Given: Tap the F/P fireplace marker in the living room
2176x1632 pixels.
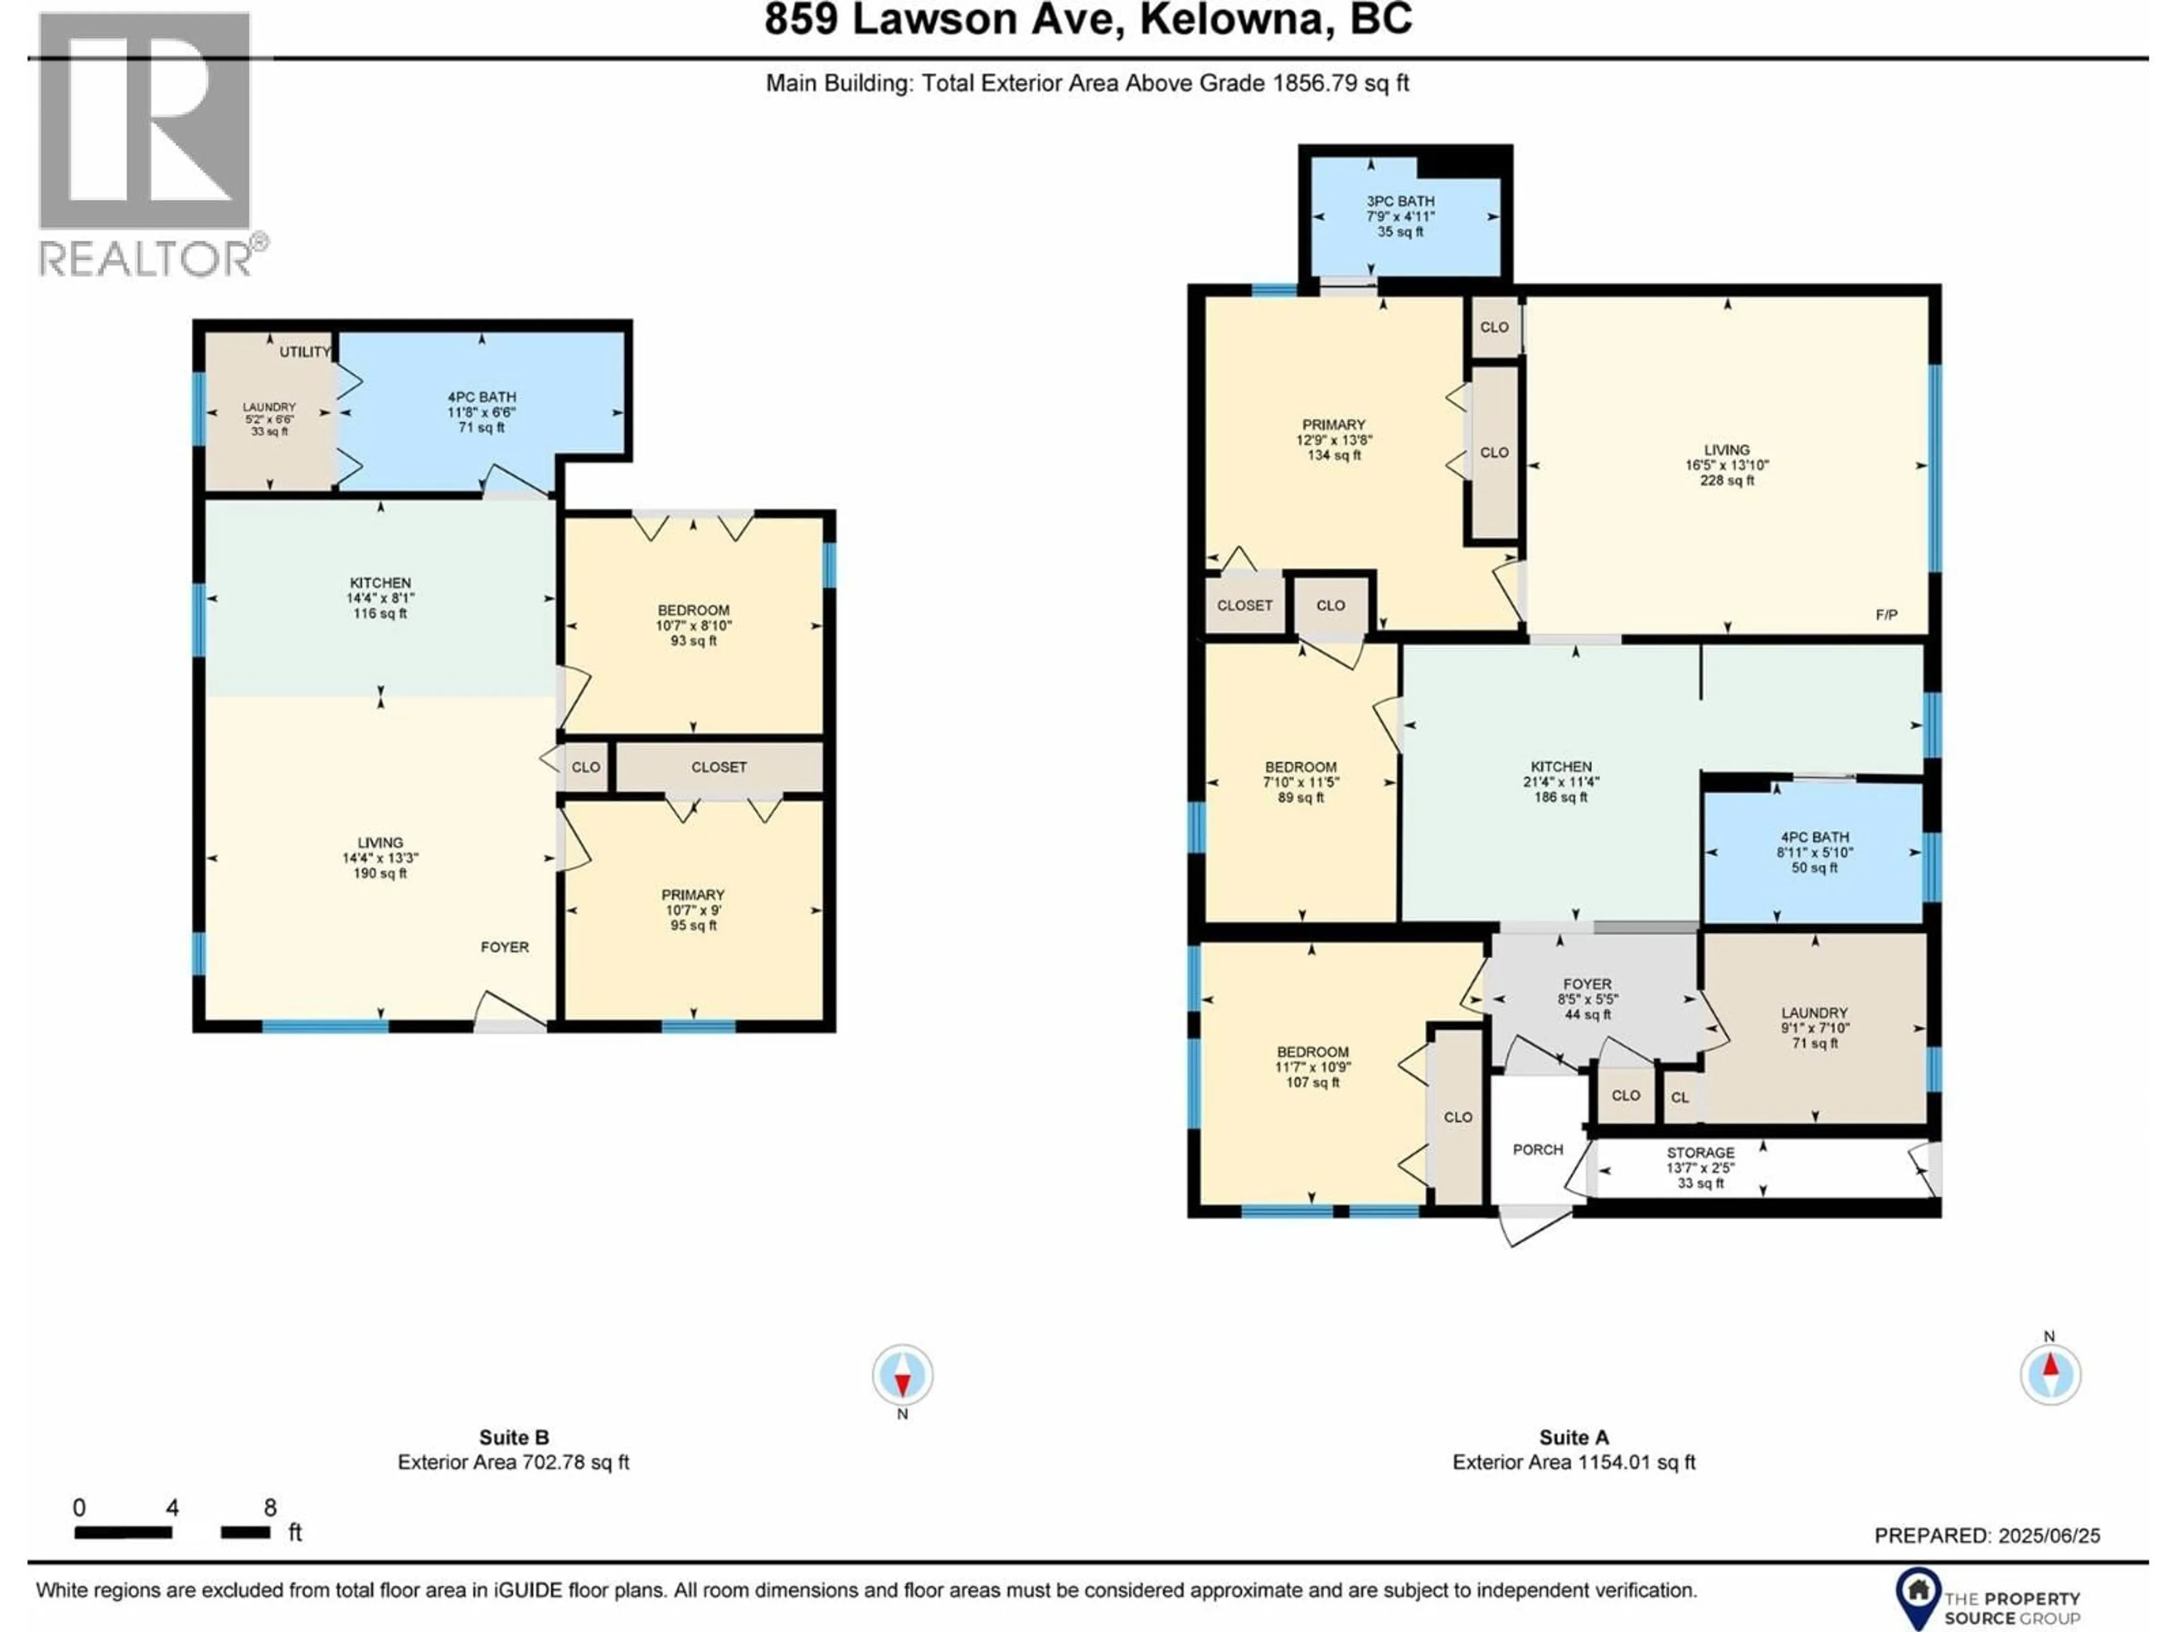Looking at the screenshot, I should [1886, 615].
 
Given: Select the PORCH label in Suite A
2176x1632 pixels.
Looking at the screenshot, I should [1537, 1149].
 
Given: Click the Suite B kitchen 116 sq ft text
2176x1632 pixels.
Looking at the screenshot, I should [380, 613].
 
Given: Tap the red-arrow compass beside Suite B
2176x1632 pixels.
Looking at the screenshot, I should [902, 1374].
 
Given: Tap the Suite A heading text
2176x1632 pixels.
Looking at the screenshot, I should [1574, 1437].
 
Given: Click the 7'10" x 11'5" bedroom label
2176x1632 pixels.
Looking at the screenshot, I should [1300, 782].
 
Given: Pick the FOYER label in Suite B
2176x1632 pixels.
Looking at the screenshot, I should [505, 946].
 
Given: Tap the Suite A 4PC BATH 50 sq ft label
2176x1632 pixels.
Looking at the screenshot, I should [1814, 852].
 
